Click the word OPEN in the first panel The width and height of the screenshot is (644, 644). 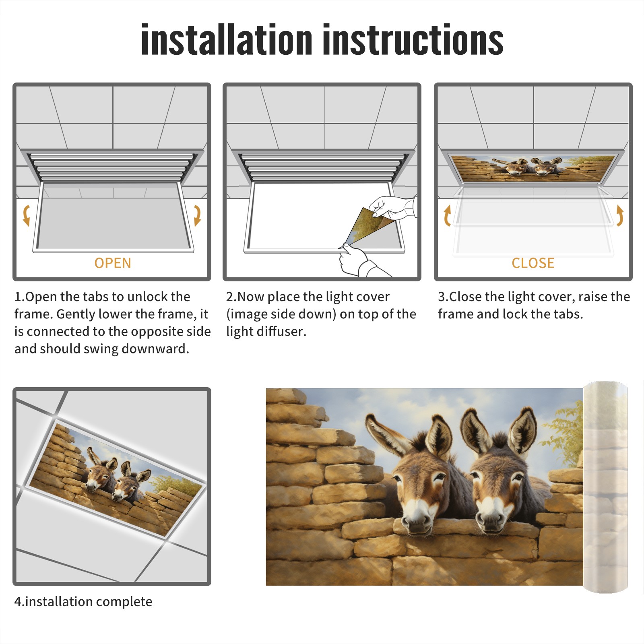tap(113, 263)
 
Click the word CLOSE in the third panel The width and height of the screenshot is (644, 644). tap(533, 263)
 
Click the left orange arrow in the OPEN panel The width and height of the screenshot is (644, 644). tap(26, 215)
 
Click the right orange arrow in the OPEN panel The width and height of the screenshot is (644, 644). tap(197, 215)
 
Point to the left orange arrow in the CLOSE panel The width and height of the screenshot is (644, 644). tap(447, 215)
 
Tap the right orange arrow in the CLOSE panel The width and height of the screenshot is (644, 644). tap(620, 215)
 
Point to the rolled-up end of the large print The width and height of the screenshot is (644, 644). tap(605, 487)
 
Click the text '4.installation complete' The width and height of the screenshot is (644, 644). tap(83, 602)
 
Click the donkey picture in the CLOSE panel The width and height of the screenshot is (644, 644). tap(533, 168)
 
